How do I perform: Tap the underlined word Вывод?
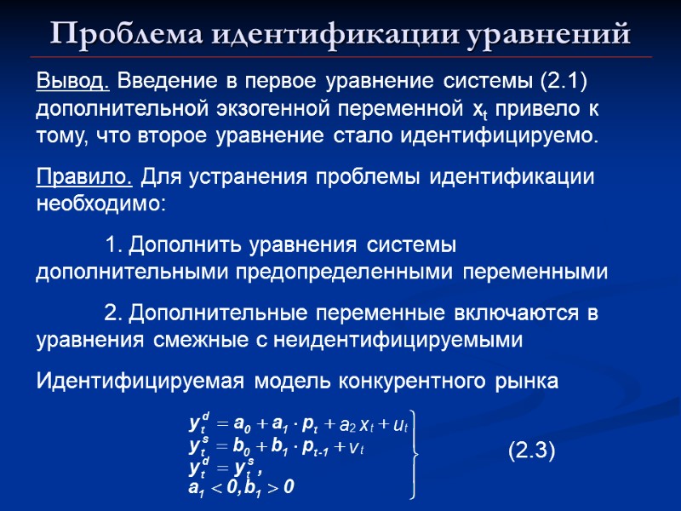pos(72,82)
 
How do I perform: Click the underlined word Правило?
pos(83,177)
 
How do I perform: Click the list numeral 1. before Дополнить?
pos(115,245)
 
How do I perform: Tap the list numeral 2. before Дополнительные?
pos(115,313)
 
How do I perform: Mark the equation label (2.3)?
pos(532,449)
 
